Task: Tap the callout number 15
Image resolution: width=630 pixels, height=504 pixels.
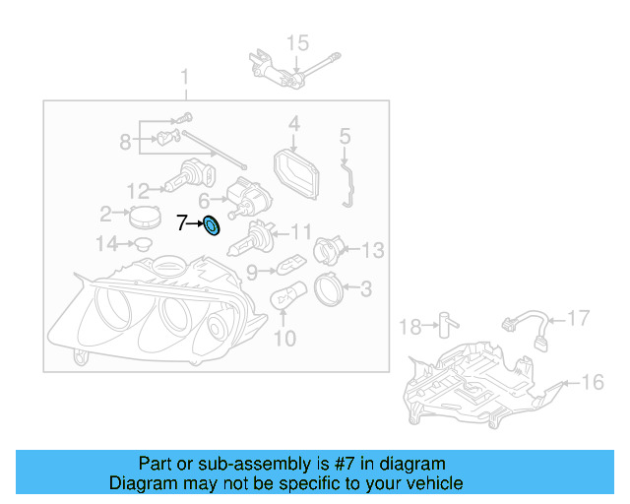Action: (x=296, y=42)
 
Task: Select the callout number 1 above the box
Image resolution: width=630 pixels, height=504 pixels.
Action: (x=182, y=78)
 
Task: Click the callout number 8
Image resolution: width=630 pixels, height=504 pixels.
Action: (x=125, y=142)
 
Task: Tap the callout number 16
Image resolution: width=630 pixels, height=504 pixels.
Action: (x=593, y=382)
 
